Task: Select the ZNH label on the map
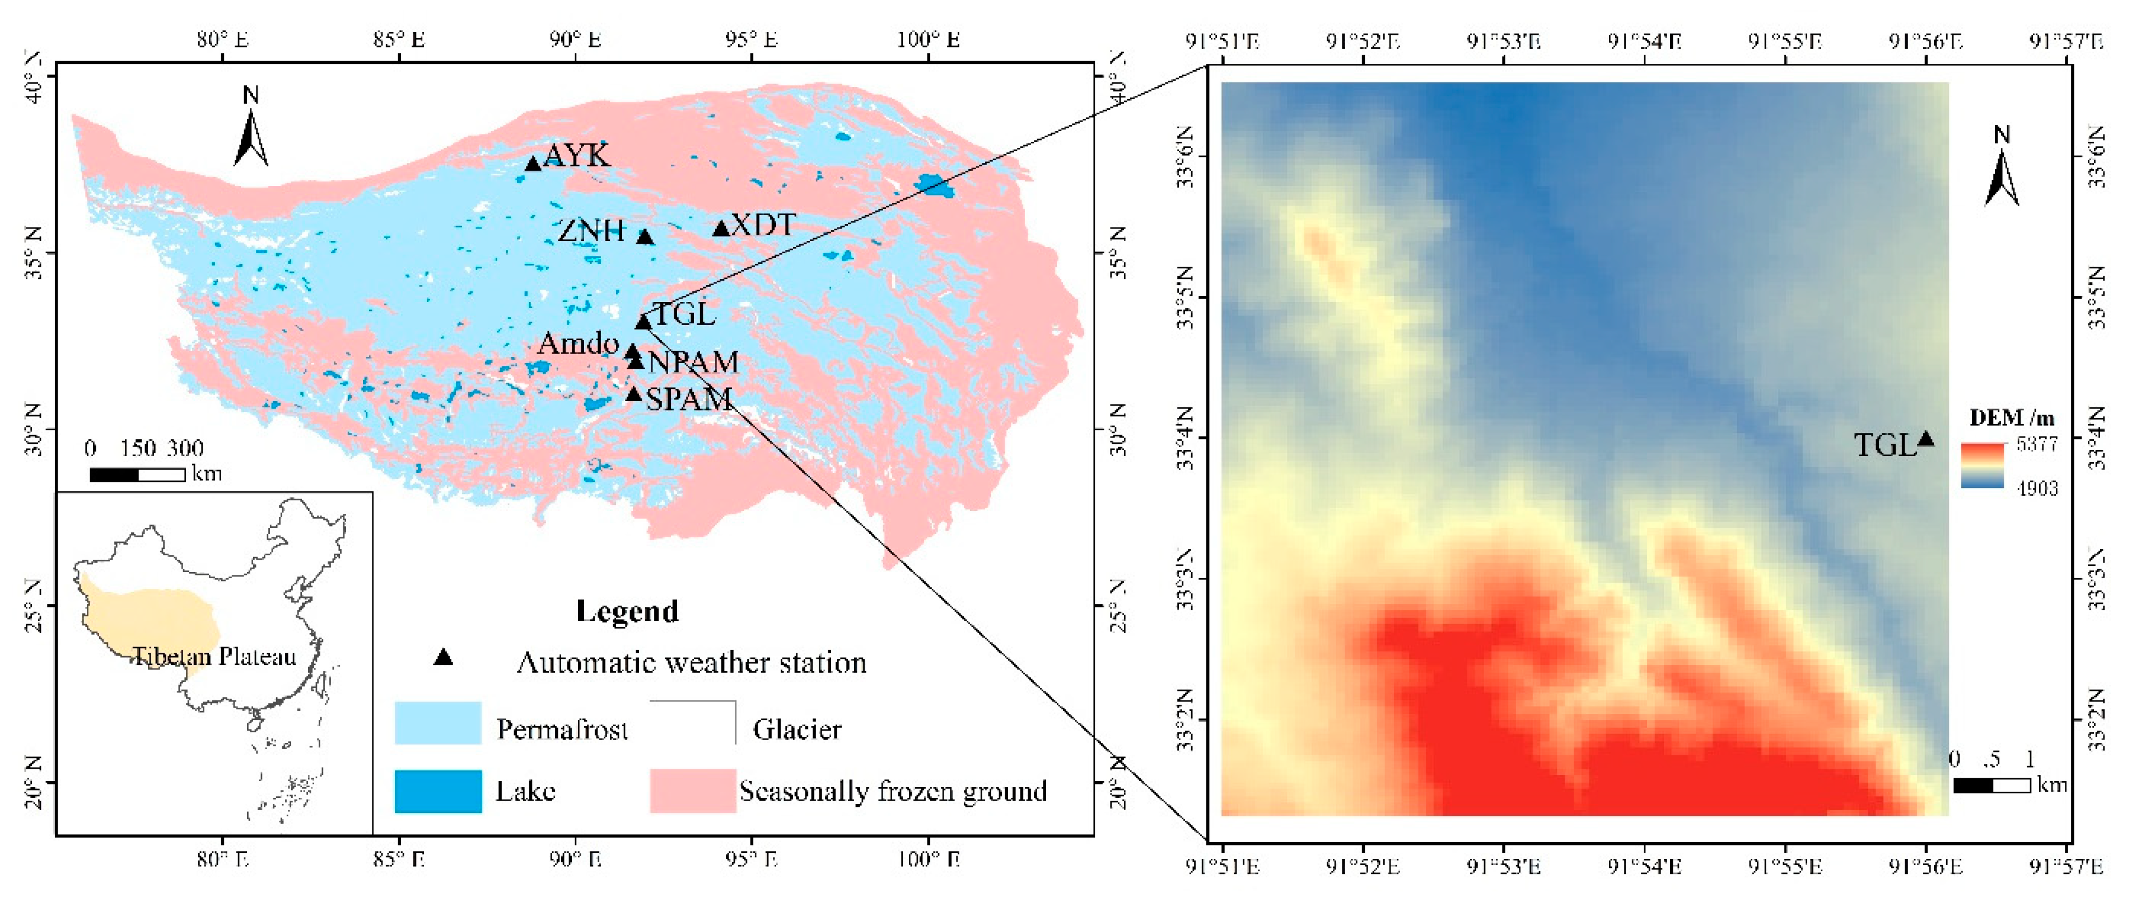(x=591, y=230)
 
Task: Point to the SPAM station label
(x=689, y=400)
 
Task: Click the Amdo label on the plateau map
(x=579, y=343)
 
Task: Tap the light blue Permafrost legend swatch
(x=437, y=722)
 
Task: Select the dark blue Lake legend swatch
(x=437, y=791)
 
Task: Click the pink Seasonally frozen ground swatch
(x=692, y=791)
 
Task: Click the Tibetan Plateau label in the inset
(x=214, y=657)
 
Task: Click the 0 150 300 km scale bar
(x=137, y=475)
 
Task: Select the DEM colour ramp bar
(x=1983, y=466)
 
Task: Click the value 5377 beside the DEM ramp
(x=2036, y=444)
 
